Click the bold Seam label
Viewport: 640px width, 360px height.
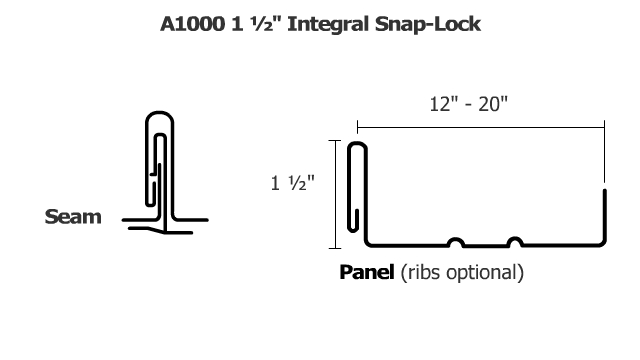point(74,216)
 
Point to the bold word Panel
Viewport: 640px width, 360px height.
point(367,271)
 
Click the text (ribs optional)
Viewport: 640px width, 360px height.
point(461,271)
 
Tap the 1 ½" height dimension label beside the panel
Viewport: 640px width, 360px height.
point(292,184)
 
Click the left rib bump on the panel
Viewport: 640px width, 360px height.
point(456,241)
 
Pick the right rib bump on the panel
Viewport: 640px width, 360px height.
point(514,241)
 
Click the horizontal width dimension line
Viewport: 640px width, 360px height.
point(481,127)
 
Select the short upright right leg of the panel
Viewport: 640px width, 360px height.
point(604,215)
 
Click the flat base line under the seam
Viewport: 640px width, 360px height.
point(164,231)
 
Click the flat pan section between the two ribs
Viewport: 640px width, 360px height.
point(485,245)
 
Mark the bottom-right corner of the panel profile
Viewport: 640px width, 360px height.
point(603,244)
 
